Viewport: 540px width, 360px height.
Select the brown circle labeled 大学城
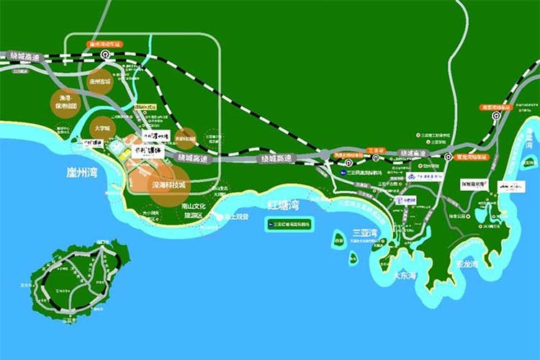[x=103, y=128]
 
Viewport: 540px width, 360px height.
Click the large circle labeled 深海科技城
[x=168, y=185]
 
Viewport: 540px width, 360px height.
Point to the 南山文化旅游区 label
[x=195, y=210]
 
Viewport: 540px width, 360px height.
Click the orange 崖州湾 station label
[x=106, y=44]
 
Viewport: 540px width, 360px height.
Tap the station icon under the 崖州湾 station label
[x=106, y=54]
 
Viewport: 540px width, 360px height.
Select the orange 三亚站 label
[x=375, y=151]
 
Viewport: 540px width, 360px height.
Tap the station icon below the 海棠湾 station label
[x=496, y=116]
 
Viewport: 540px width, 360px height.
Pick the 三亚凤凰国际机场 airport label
[x=363, y=174]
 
